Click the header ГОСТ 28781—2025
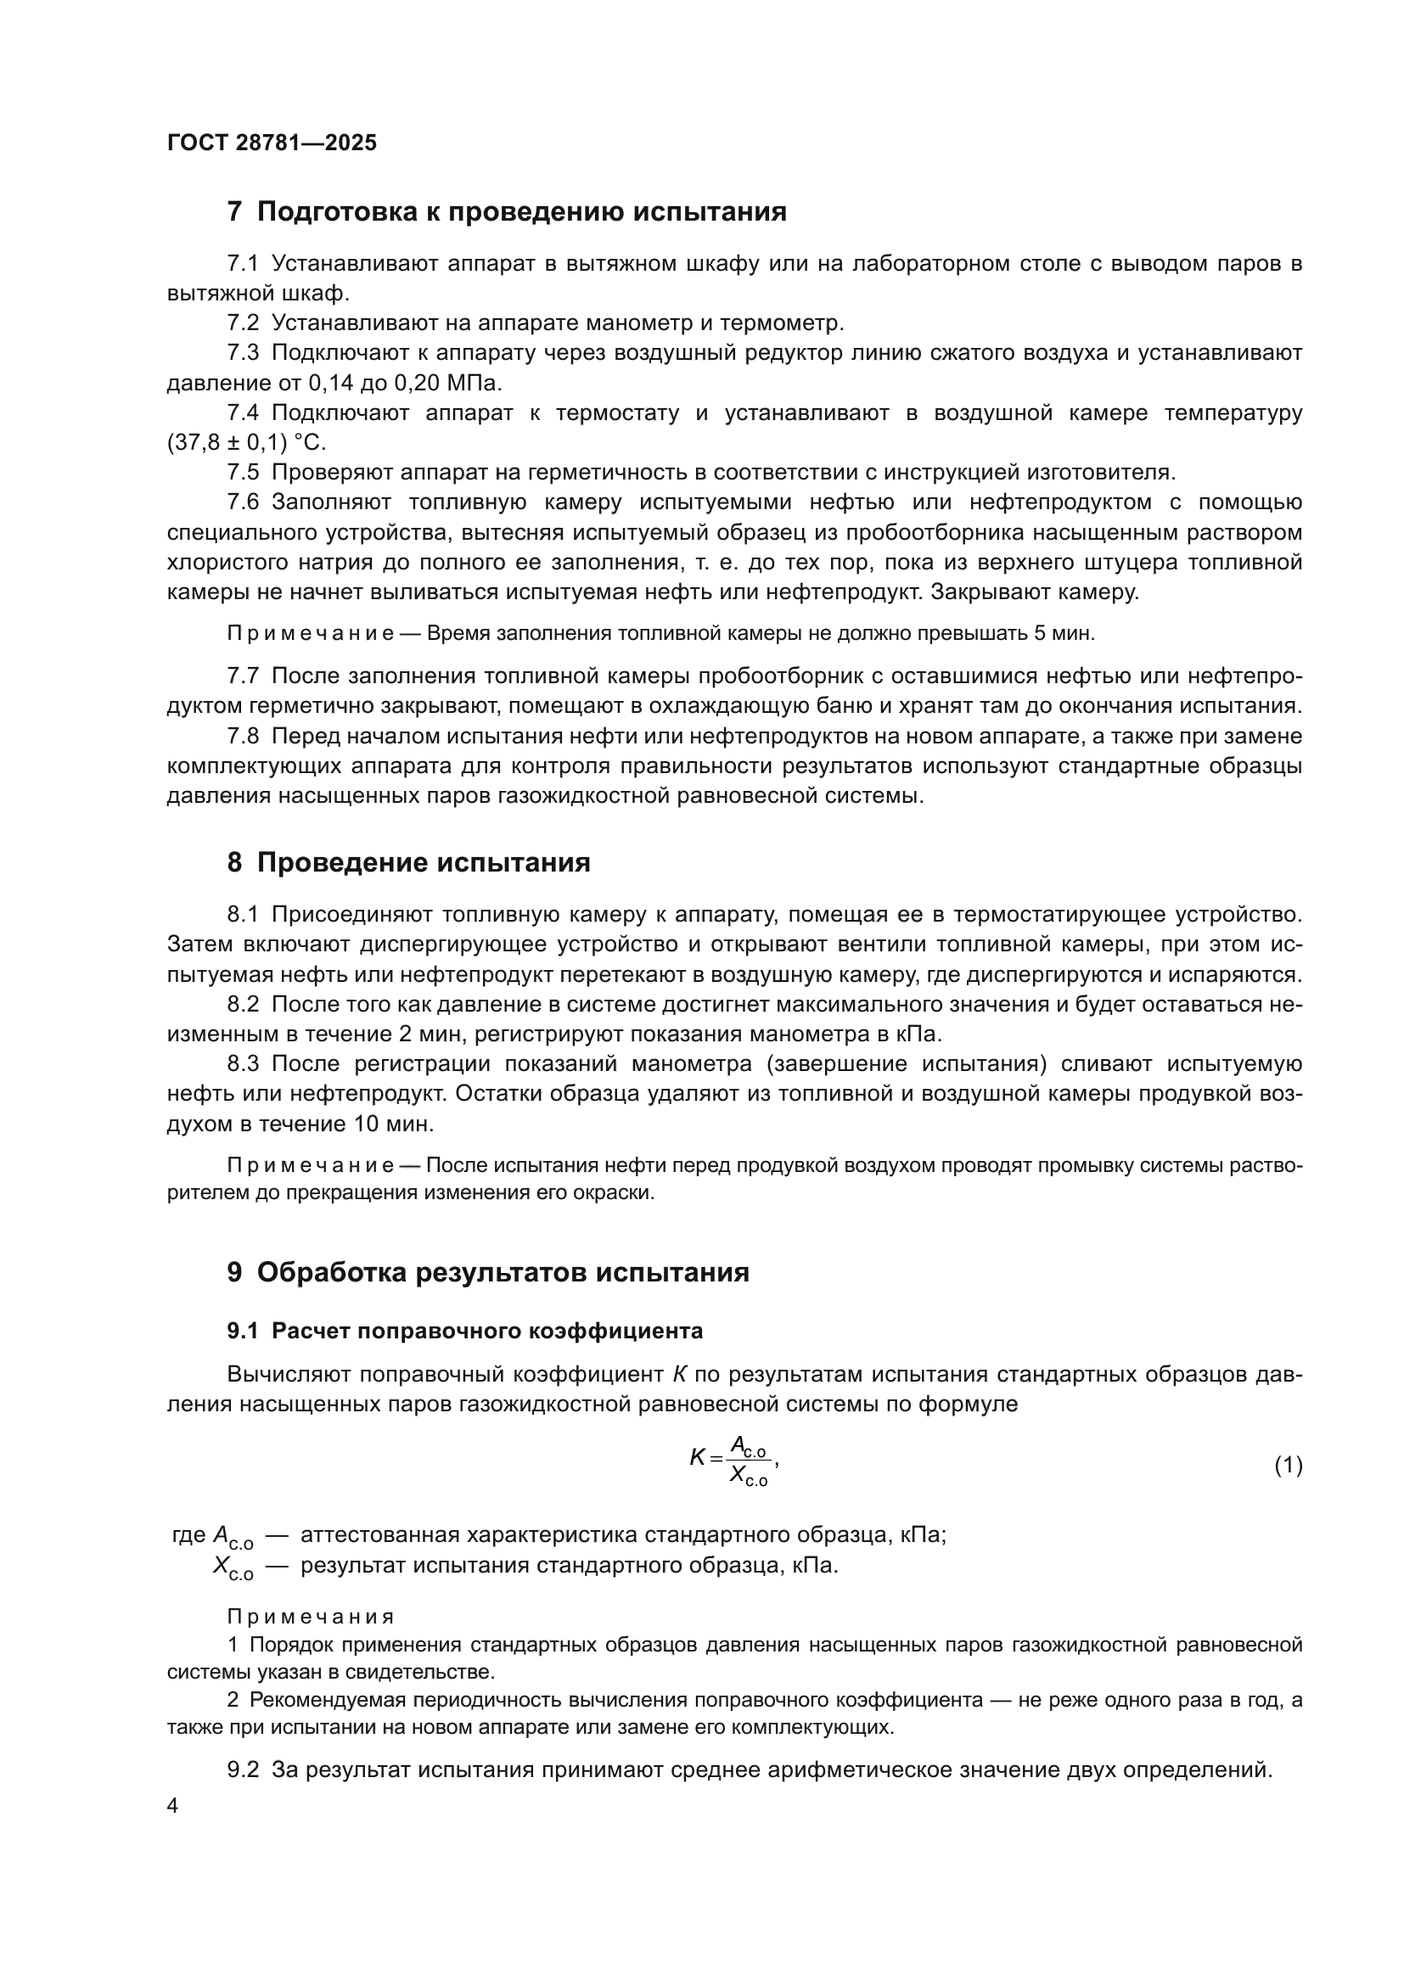(272, 143)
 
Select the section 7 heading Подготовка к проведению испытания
(507, 212)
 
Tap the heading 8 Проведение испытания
(408, 863)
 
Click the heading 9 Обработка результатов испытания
(487, 1273)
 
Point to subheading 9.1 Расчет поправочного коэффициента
(465, 1332)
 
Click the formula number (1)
(1289, 1465)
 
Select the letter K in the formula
(697, 1458)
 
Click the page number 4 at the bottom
(173, 1806)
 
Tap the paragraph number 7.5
(243, 473)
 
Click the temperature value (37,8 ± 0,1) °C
(246, 443)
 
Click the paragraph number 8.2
(243, 1005)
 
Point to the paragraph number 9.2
(243, 1769)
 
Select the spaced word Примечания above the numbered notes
(311, 1618)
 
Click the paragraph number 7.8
(243, 737)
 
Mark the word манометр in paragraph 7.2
(629, 323)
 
